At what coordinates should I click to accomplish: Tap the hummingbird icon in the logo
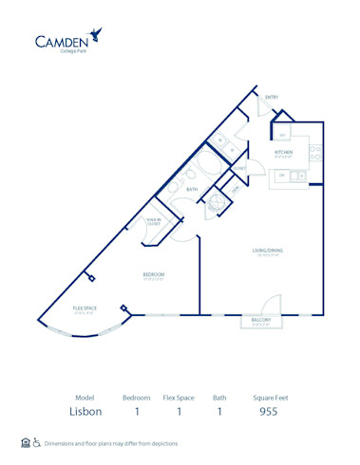(x=97, y=36)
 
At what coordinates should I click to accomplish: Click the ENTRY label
(x=271, y=97)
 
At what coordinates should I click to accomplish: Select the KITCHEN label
(x=283, y=152)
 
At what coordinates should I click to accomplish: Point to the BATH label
(x=192, y=190)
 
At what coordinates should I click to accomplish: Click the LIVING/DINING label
(x=267, y=251)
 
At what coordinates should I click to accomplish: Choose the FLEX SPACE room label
(x=85, y=309)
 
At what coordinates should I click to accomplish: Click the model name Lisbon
(x=85, y=411)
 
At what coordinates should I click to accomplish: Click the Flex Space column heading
(x=179, y=397)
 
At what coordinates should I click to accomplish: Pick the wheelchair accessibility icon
(x=37, y=443)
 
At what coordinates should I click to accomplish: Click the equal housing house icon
(x=25, y=443)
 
